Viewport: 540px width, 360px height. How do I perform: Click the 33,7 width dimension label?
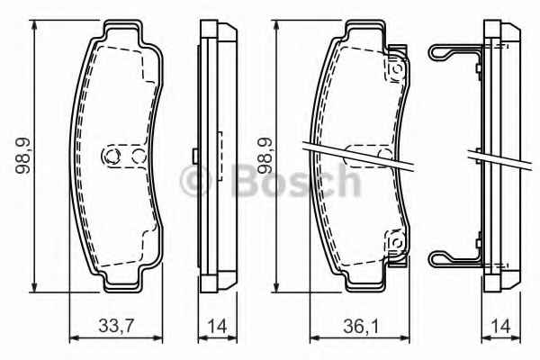pos(116,325)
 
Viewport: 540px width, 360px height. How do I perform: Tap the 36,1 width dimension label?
pos(361,325)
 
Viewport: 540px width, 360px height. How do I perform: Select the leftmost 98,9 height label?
pos(22,156)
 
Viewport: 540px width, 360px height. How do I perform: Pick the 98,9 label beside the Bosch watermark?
pos(265,156)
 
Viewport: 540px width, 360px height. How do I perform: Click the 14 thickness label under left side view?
pos(217,326)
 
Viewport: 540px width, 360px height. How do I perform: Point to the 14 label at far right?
pos(500,326)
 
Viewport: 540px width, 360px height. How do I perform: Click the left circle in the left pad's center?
pos(112,157)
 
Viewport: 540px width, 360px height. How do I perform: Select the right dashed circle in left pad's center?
pos(139,157)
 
